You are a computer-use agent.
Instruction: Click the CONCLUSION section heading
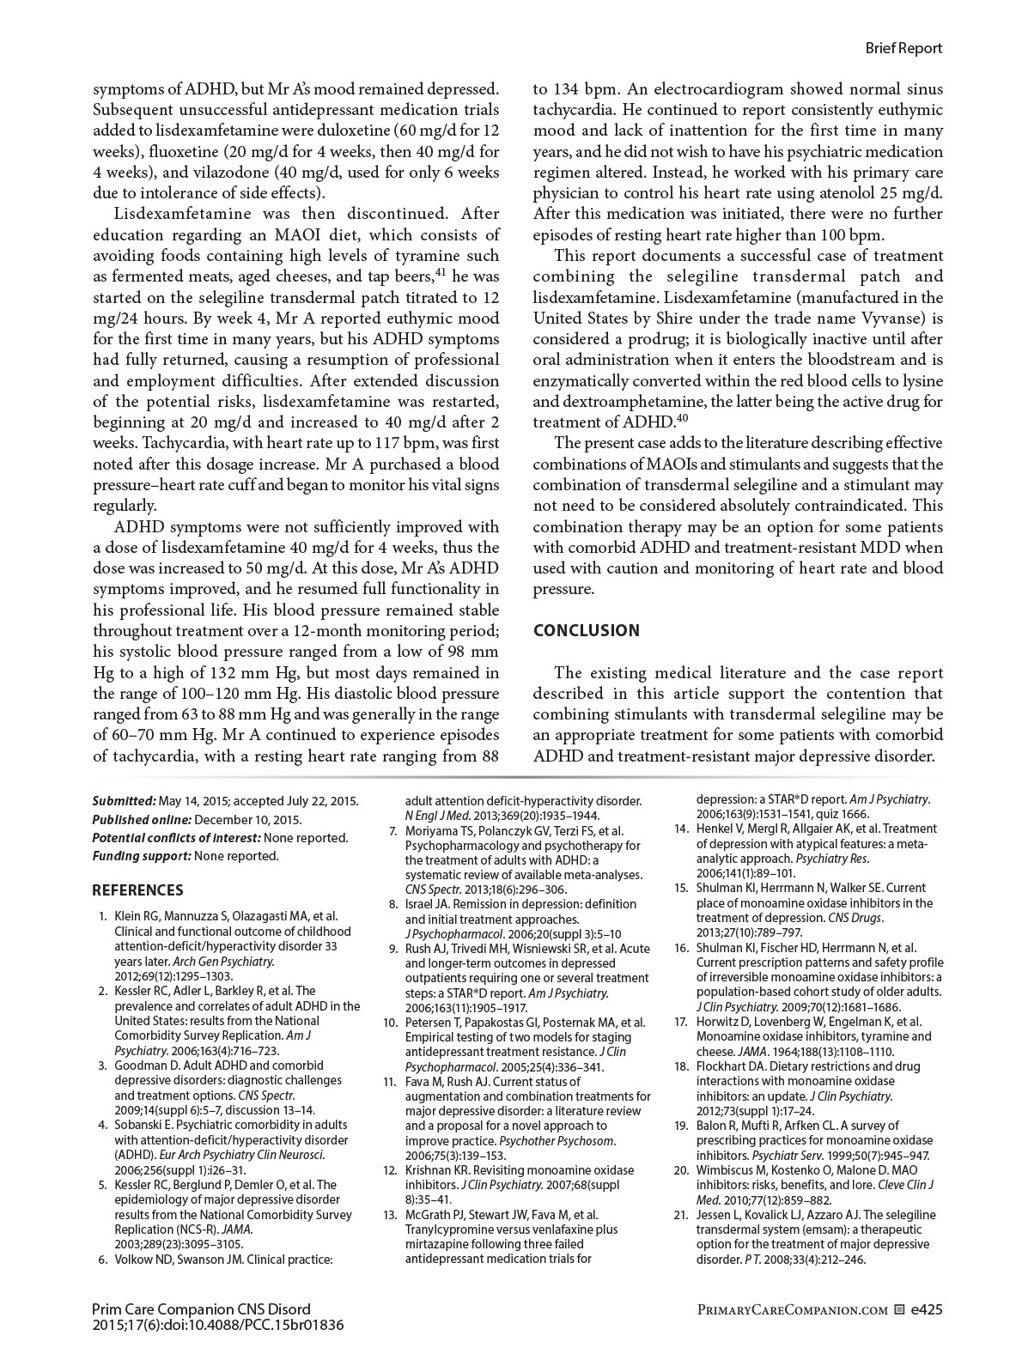coord(587,631)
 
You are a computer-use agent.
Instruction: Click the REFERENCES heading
coord(137,890)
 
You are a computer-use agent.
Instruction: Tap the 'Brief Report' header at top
coord(903,49)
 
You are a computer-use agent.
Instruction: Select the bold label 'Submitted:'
coord(124,801)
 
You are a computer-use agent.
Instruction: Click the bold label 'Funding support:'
coord(142,856)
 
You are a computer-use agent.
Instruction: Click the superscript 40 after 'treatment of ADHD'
coord(683,418)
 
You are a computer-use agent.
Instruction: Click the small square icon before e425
coord(899,1310)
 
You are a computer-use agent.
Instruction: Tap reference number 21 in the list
coord(681,1215)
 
